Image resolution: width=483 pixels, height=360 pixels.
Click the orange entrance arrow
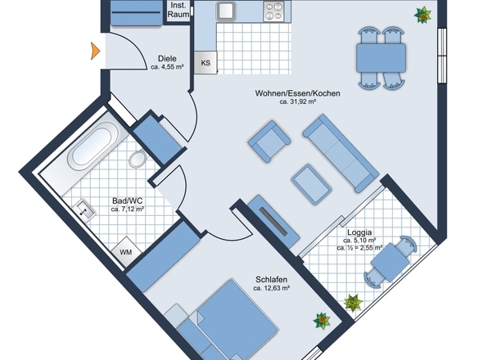95,51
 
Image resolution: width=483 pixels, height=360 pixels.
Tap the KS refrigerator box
205,62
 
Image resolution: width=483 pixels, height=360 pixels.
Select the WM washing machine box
126,252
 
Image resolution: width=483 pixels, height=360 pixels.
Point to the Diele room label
167,59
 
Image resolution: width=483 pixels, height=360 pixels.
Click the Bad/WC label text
128,201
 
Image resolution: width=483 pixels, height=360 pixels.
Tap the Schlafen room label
271,280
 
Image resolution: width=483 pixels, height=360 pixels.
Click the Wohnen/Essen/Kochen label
297,93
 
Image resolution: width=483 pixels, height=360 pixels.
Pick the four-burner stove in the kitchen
273,11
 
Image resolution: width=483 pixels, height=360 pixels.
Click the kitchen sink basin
226,11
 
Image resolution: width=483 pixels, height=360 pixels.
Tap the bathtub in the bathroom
93,145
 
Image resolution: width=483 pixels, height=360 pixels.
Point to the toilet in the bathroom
138,159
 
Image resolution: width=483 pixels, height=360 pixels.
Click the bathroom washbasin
84,210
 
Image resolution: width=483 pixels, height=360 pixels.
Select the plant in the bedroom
322,321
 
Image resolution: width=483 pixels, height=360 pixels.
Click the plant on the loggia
353,303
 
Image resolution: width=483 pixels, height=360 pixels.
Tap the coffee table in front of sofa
311,184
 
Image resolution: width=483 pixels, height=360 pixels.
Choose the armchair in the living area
269,142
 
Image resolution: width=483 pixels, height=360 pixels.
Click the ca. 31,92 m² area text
297,101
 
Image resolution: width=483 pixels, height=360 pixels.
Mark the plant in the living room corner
422,15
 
